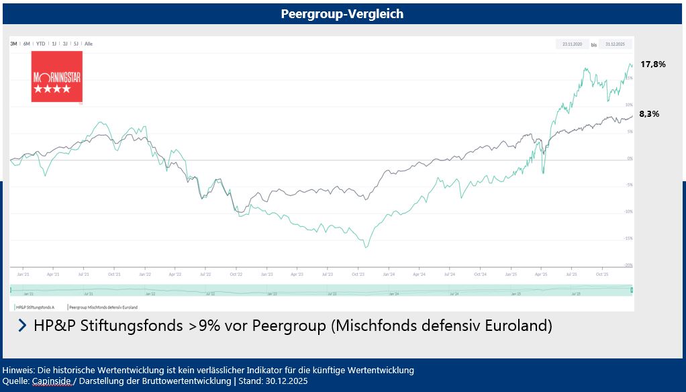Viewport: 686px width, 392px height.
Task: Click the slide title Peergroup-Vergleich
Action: (x=342, y=13)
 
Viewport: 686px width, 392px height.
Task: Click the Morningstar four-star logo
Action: (x=56, y=77)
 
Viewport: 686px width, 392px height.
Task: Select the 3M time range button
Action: (x=13, y=44)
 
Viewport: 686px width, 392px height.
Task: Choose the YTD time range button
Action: (x=40, y=44)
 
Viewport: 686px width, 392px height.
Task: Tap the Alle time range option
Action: (x=89, y=44)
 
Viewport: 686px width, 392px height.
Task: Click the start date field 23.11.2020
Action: (x=573, y=44)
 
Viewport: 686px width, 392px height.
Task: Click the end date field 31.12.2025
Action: (x=614, y=44)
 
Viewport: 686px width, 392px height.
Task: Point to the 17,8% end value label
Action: (x=652, y=64)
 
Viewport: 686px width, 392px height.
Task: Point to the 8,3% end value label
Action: (x=649, y=114)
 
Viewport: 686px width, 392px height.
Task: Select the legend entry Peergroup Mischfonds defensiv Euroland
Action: (x=103, y=307)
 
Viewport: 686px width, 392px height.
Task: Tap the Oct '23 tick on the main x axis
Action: (x=358, y=274)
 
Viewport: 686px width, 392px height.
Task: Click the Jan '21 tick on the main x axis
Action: (x=22, y=274)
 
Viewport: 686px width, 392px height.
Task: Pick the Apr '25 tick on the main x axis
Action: (x=541, y=274)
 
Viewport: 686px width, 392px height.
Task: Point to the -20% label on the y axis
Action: (x=628, y=265)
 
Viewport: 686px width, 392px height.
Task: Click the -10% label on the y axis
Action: (x=628, y=211)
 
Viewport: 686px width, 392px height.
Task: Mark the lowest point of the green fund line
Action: (x=366, y=248)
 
